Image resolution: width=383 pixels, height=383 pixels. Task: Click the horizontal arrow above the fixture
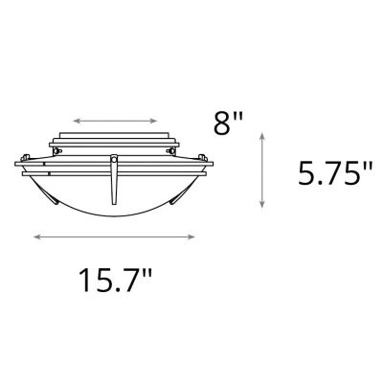pyautogui.click(x=116, y=122)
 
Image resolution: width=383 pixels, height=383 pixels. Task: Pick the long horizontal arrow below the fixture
pyautogui.click(x=114, y=237)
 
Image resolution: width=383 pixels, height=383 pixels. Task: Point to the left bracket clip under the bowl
pyautogui.click(x=49, y=194)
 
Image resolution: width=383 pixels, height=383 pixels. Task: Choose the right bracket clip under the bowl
pyautogui.click(x=183, y=194)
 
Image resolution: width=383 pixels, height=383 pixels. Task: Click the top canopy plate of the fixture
pyautogui.click(x=116, y=135)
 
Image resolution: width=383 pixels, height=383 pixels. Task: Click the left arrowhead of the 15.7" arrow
pyautogui.click(x=35, y=237)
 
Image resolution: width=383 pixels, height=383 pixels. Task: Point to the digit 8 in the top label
pyautogui.click(x=221, y=124)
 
